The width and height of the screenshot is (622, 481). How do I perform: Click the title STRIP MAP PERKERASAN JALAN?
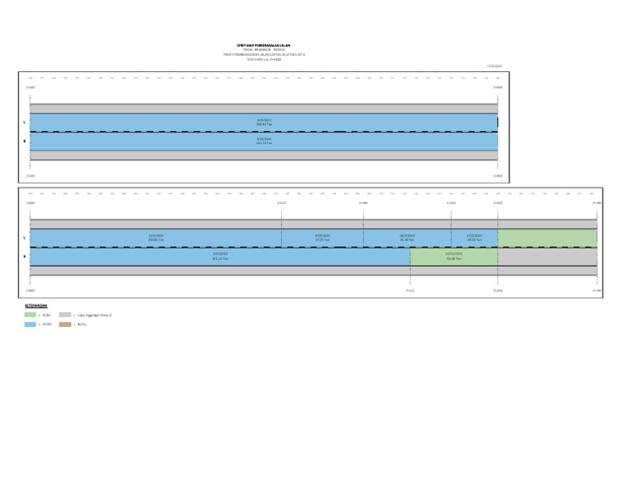(264, 45)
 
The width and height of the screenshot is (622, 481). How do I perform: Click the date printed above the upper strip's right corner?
(494, 66)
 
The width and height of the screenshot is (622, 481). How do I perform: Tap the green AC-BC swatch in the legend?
(30, 315)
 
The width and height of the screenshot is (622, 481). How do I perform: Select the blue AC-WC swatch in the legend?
(30, 324)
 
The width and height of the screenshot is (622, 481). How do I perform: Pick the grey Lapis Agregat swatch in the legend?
(65, 315)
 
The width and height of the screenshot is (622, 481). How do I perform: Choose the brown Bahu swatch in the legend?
(65, 324)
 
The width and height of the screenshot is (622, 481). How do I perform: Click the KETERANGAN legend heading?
(36, 306)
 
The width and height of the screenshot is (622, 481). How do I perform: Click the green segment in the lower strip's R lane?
(454, 257)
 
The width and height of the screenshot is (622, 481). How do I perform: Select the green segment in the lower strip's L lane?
(547, 238)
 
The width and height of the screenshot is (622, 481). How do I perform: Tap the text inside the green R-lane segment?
(454, 256)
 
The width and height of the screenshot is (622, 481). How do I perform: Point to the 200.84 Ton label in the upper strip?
(264, 123)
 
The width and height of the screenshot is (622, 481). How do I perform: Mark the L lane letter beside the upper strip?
(25, 123)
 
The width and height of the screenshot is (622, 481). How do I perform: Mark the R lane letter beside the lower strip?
(25, 257)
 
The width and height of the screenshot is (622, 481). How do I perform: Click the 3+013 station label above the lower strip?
(281, 203)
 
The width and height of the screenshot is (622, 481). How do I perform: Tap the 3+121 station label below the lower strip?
(410, 290)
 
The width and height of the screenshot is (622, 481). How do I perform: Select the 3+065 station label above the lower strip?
(364, 203)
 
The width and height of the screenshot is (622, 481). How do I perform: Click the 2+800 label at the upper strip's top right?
(497, 87)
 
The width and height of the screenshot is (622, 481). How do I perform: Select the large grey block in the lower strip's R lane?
(547, 257)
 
